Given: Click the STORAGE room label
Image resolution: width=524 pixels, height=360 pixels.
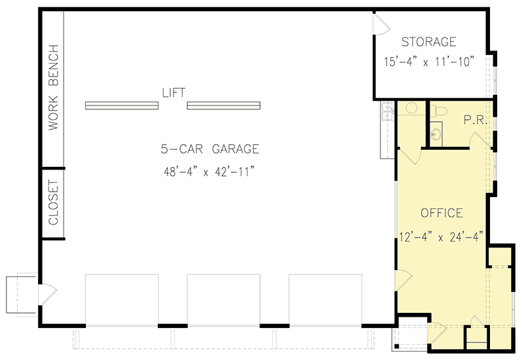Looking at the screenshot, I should click(428, 43).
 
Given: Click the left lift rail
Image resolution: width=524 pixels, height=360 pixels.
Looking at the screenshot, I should click(122, 105).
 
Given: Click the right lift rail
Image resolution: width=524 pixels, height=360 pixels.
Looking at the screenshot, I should click(224, 105).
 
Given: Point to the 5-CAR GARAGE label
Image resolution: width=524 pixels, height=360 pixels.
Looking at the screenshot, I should click(210, 149).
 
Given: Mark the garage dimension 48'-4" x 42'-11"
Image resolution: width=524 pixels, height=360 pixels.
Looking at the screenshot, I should click(210, 172).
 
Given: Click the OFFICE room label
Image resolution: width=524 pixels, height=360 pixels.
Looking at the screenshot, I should click(441, 213).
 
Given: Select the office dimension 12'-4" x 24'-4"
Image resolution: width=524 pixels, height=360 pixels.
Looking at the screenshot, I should click(441, 236).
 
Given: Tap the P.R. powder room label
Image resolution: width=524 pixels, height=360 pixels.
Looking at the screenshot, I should click(474, 120).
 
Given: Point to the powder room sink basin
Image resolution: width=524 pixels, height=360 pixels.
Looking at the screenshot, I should click(436, 135).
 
